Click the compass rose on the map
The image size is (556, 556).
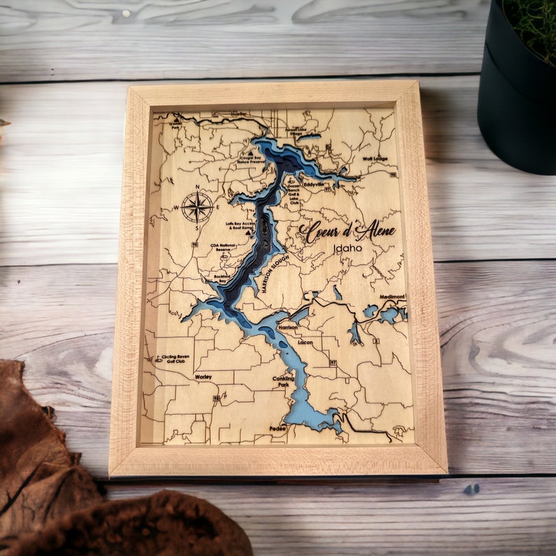(x=197, y=207)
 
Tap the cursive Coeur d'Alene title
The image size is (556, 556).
(x=347, y=231)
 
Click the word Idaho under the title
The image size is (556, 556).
(x=348, y=248)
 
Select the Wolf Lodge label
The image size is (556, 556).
(x=375, y=159)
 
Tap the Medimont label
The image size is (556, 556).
(x=393, y=297)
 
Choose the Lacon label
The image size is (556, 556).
(x=305, y=342)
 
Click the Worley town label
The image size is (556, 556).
(x=203, y=376)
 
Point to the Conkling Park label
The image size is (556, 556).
(x=283, y=382)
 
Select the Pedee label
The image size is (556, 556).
(x=277, y=428)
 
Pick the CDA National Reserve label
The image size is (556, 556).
(x=224, y=247)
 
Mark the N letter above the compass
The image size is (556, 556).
(x=197, y=187)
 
